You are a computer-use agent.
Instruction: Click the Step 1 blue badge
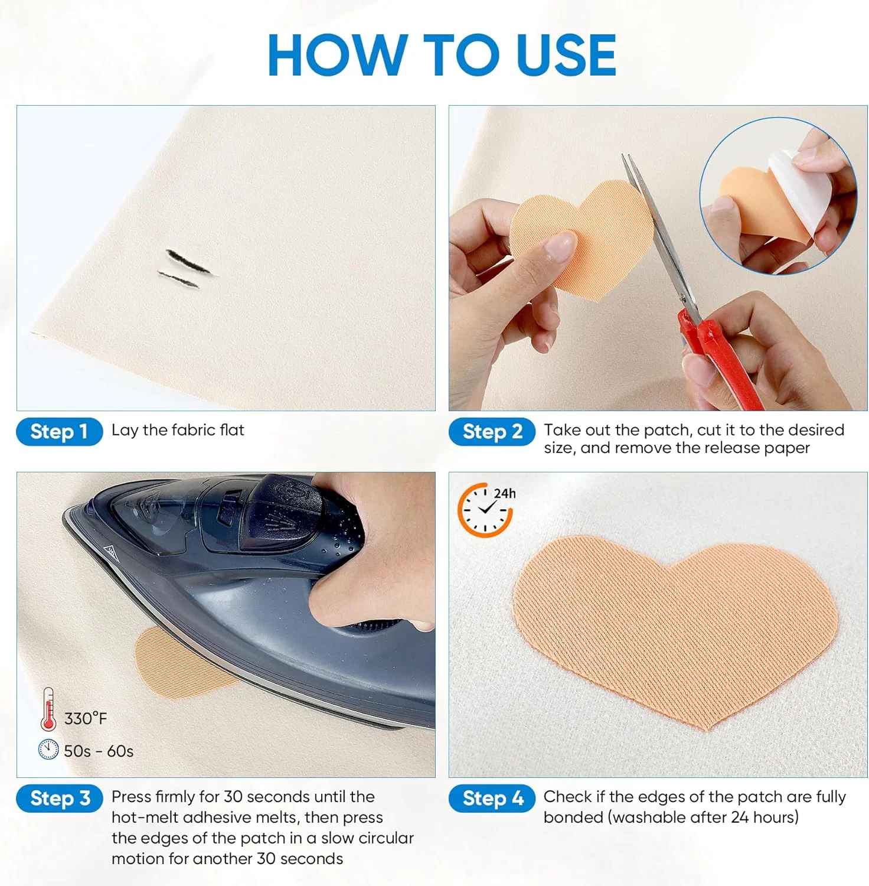coord(59,432)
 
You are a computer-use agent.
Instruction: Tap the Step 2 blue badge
coord(492,432)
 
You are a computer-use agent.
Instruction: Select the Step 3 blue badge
coord(59,799)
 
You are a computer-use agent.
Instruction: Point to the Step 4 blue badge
coord(492,799)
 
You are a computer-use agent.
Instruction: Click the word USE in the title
coord(566,55)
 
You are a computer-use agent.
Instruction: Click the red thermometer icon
coord(48,709)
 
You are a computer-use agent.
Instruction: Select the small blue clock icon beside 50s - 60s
coord(48,750)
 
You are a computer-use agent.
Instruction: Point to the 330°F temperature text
coord(86,719)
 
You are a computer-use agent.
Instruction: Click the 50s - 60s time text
coord(99,751)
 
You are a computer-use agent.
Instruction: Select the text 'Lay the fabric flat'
coord(178,430)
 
